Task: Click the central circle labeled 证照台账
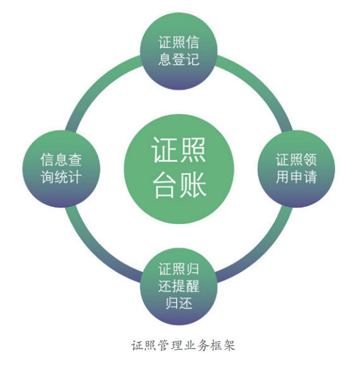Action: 179,169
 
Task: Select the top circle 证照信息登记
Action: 179,51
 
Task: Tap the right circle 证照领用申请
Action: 296,169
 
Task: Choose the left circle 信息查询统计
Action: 61,169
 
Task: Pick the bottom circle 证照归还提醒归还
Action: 179,286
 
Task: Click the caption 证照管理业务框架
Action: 183,345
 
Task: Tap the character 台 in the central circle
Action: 165,184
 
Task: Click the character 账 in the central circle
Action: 193,184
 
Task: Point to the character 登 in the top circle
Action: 179,59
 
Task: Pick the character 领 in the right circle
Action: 310,160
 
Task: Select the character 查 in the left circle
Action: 75,160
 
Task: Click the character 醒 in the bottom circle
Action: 192,286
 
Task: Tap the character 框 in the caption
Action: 216,345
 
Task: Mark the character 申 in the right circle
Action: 296,177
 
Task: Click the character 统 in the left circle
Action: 61,177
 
